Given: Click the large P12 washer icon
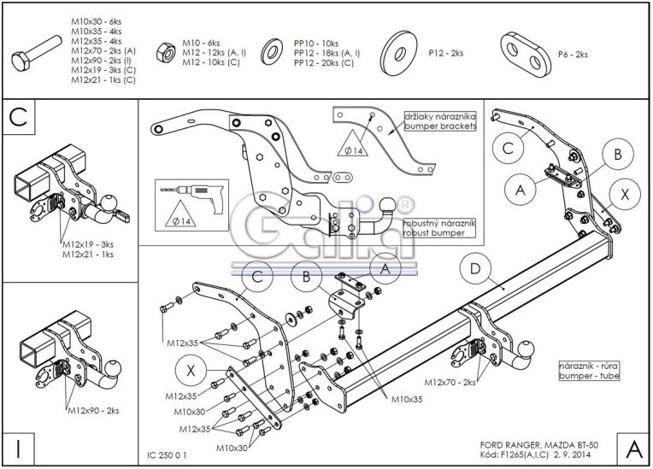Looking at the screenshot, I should [x=398, y=53].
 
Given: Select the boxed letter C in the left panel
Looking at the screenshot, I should [x=18, y=118].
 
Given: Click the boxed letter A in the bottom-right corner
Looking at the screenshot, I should [x=632, y=448].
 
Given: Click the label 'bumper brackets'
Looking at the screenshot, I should [x=446, y=126].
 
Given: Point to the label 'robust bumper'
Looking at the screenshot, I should [x=442, y=232].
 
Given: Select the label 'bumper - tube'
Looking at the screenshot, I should [x=585, y=375].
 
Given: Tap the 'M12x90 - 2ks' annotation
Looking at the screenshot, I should [x=96, y=412].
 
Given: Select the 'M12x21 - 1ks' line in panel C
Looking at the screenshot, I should [x=88, y=254].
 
